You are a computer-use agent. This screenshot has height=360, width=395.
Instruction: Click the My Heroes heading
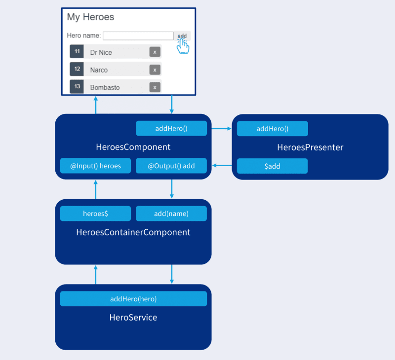point(90,17)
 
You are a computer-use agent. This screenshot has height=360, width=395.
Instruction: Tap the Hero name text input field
point(138,36)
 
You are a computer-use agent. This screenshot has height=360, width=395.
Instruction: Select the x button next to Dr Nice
point(155,52)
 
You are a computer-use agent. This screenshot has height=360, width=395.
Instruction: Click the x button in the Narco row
point(155,70)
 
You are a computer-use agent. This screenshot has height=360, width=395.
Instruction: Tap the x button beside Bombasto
point(155,87)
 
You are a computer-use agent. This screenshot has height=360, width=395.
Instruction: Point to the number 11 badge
point(77,51)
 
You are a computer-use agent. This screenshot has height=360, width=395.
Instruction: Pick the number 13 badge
point(77,86)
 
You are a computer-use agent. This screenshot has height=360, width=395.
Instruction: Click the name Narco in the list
point(99,70)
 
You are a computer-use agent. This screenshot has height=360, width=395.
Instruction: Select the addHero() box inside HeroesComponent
point(171,128)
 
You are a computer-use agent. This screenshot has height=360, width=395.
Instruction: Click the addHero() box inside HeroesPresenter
point(273,129)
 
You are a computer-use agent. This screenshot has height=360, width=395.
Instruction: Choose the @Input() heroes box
point(95,166)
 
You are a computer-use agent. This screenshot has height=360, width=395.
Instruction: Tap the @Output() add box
point(171,166)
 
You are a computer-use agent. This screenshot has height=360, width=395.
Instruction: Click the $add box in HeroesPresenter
point(273,166)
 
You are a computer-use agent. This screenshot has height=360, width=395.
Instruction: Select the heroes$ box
point(95,214)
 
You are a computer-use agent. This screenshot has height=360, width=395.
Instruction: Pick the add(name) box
point(171,214)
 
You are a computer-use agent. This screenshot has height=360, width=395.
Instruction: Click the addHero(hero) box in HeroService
point(133,299)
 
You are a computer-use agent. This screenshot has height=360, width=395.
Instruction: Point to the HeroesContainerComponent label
point(133,232)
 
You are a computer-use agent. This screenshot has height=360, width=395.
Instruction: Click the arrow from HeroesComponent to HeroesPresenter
point(221,129)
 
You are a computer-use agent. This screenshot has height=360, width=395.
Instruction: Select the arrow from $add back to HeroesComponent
point(222,166)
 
